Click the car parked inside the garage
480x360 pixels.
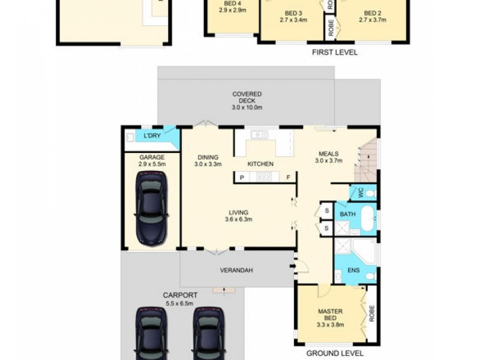151,208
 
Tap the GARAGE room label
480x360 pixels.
152,157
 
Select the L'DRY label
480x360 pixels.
152,136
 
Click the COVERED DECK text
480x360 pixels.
247,97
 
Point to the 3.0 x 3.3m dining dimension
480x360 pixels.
208,164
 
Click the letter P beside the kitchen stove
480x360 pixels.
242,178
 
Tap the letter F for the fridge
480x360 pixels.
288,178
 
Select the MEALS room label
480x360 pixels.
329,154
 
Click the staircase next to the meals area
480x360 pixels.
366,161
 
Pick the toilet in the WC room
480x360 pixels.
371,193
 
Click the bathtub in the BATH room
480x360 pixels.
368,218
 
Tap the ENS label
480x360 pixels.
353,271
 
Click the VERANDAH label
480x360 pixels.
236,271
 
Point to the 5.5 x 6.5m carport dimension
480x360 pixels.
179,304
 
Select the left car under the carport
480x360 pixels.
151,334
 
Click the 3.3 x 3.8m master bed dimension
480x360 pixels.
331,325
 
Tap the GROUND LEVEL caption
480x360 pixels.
335,353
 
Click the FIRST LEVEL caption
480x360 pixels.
335,52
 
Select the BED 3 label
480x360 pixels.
293,13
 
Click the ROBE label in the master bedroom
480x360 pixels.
371,313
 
